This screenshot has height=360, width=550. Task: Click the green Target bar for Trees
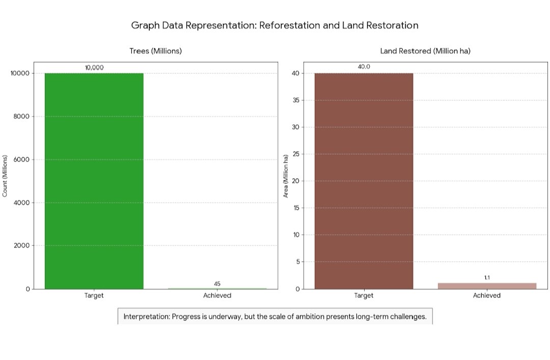tap(94, 181)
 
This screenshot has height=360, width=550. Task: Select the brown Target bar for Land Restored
tap(364, 181)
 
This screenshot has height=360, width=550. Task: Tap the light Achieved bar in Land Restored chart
tap(487, 286)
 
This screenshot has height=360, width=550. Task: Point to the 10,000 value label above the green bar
tap(94, 67)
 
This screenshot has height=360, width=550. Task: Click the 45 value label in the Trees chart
tap(217, 284)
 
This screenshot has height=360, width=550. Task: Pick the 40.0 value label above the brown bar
tap(364, 67)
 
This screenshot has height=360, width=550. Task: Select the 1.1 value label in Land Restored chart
tap(487, 278)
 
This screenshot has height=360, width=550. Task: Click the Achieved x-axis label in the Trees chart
tap(217, 296)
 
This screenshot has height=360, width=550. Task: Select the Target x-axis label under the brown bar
tap(364, 296)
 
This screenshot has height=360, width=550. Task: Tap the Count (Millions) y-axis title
tap(5, 176)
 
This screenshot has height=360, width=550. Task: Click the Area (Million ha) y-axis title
tap(286, 176)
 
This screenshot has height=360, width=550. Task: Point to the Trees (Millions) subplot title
tap(155, 51)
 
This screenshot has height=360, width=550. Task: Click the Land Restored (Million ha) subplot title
tap(425, 51)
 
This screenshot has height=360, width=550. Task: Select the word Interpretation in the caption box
tap(147, 317)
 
